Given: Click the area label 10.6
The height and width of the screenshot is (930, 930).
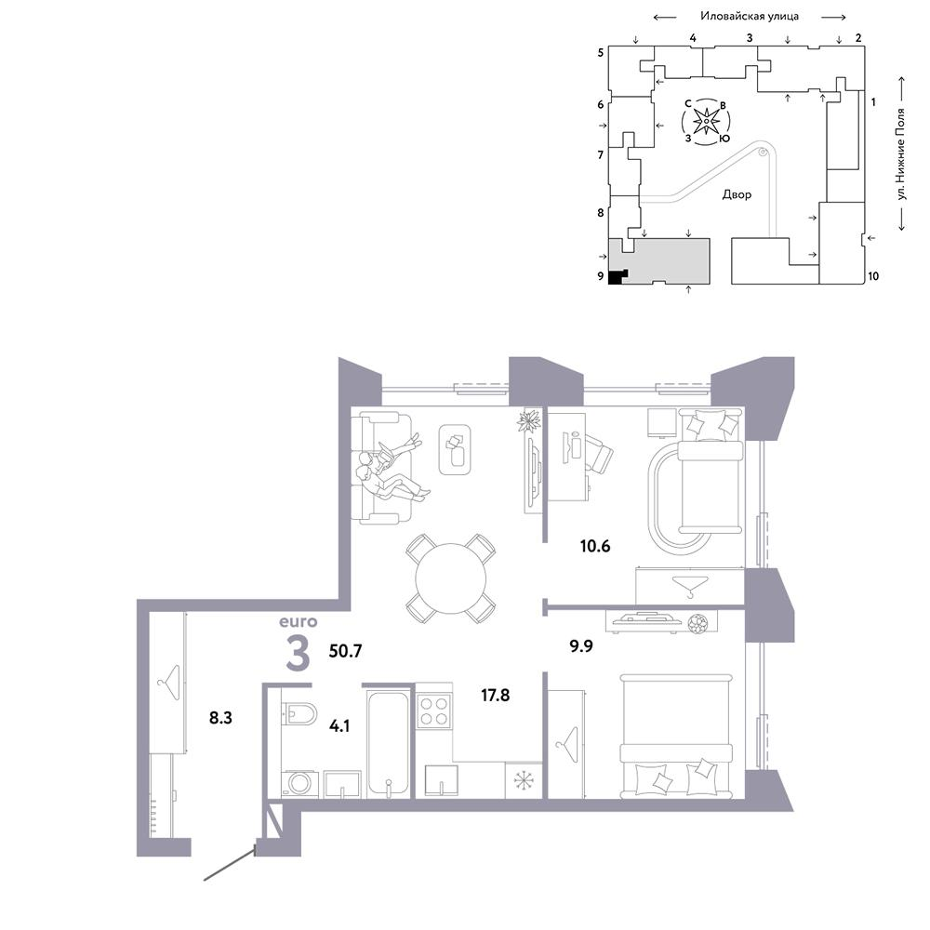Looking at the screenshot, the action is pos(595,546).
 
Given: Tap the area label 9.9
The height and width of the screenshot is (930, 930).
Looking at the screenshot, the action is pos(581,646).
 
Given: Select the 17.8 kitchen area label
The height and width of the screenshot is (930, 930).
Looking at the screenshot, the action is pos(496,695).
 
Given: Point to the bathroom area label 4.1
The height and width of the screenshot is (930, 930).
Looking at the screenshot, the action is pos(339,725).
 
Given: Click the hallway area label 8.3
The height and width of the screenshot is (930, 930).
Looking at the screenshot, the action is pos(220,718).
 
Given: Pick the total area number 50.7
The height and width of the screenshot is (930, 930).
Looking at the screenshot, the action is pos(345,651).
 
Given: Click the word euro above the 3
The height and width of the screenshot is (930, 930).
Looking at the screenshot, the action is pos(299,621).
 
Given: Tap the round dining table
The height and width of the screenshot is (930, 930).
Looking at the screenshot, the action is pos(451,578).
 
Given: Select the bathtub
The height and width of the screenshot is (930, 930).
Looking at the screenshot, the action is pos(388,742).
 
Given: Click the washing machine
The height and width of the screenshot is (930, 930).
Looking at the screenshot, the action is pos(300,784).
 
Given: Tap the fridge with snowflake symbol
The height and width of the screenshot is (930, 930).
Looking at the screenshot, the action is pos(524,780).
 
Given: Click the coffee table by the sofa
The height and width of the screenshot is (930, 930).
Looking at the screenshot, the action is pos(455,449).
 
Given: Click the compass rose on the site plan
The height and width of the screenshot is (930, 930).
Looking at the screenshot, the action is pos(706,122).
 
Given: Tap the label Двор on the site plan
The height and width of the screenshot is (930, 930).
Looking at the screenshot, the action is pos(737,194).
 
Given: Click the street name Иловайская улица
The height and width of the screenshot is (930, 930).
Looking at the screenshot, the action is pos(750,16).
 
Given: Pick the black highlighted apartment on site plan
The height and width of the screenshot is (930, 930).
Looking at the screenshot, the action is pos(618,276).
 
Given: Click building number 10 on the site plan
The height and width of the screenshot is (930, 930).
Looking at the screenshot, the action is pos(873,276).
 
